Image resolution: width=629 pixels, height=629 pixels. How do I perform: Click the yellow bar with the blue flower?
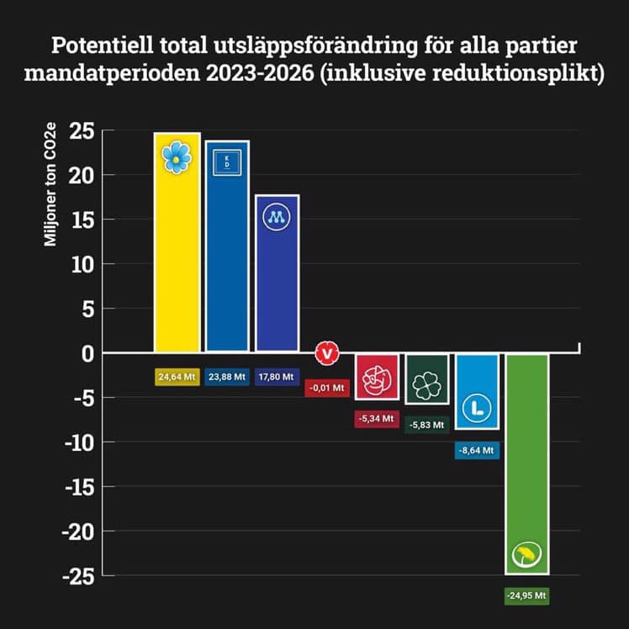coord(177,252)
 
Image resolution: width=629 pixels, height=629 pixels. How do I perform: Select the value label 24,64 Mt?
coord(177,378)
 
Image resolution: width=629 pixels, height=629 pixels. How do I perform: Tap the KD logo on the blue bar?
coord(227,162)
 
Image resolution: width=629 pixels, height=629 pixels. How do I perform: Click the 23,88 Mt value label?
coord(227,378)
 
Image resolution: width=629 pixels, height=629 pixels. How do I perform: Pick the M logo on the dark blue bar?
coord(277,217)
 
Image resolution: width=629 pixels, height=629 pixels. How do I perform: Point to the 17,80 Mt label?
coord(277,378)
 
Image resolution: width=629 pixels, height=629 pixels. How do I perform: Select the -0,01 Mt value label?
coord(326,388)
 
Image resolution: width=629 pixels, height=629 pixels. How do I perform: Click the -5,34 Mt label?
coord(376,417)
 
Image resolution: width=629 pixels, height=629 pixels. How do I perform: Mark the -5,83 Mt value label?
coord(426,425)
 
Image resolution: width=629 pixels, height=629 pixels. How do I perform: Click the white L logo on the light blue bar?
coord(477,409)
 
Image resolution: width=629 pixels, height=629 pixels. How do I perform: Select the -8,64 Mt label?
coord(477,451)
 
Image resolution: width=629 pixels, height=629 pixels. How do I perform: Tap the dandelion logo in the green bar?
coord(527,554)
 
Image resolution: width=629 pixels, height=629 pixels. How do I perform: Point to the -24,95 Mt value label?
coord(526,595)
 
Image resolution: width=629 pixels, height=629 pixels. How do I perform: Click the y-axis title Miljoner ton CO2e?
coord(50,193)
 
